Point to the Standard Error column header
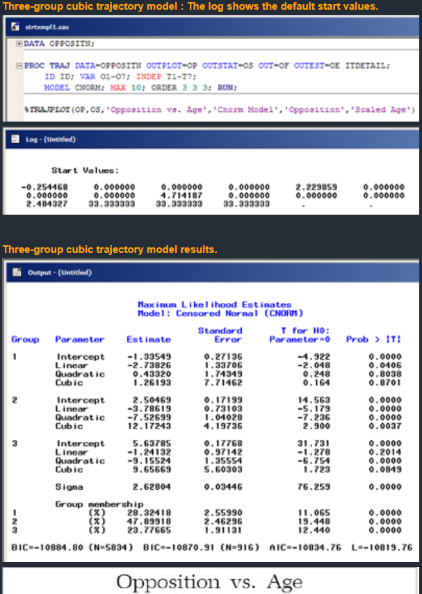[x=220, y=335]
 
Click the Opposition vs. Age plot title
[x=211, y=581]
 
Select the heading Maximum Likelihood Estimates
[x=214, y=304]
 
